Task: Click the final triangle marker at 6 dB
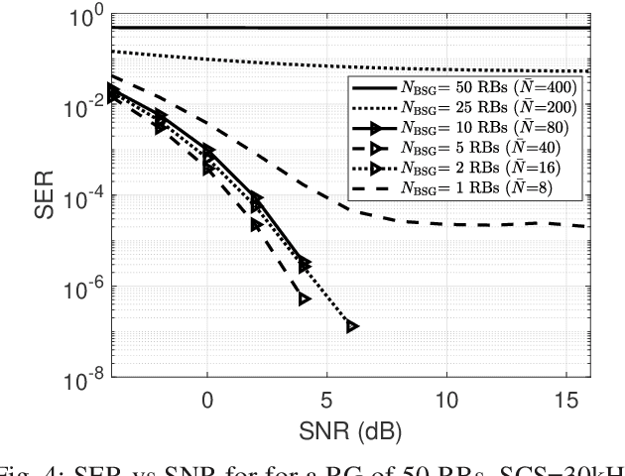pos(351,326)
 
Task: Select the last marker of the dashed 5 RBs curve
pos(304,298)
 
